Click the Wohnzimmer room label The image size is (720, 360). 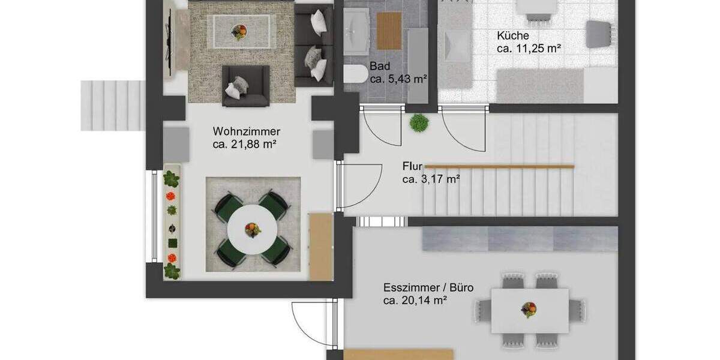pyautogui.click(x=247, y=131)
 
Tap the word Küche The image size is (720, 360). pyautogui.click(x=513, y=35)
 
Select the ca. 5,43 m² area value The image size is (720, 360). pyautogui.click(x=398, y=79)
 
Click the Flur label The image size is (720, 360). pyautogui.click(x=413, y=166)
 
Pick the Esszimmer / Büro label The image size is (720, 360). pyautogui.click(x=428, y=287)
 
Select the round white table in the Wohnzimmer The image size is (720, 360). pyautogui.click(x=253, y=229)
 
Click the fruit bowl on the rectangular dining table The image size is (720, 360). pyautogui.click(x=529, y=310)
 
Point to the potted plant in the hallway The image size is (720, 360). pyautogui.click(x=419, y=122)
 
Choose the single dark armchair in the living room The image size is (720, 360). pyautogui.click(x=245, y=86)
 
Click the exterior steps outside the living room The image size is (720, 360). pyautogui.click(x=113, y=106)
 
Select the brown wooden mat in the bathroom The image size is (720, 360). pyautogui.click(x=388, y=31)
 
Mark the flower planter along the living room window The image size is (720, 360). pyautogui.click(x=172, y=223)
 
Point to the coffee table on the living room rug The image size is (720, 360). pyautogui.click(x=240, y=28)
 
